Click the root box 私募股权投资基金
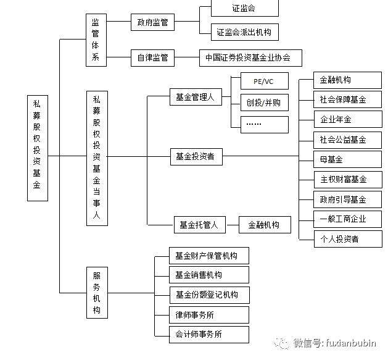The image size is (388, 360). (x=36, y=148)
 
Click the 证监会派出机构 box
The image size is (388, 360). (x=244, y=31)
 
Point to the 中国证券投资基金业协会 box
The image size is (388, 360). (x=250, y=59)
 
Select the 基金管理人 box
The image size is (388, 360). (x=195, y=97)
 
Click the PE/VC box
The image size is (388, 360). (x=263, y=82)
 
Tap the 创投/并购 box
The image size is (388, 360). (x=263, y=103)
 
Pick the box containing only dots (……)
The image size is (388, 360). (x=263, y=123)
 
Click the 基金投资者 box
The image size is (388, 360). (x=195, y=157)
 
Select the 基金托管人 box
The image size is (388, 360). (x=199, y=225)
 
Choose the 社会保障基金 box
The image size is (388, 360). (x=343, y=99)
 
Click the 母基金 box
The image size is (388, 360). (x=343, y=159)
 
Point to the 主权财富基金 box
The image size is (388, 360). (x=343, y=180)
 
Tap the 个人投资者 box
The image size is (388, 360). (x=343, y=238)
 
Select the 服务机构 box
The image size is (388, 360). (x=96, y=293)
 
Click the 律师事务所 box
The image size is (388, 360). (x=208, y=315)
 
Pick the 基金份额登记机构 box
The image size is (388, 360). (x=208, y=295)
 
